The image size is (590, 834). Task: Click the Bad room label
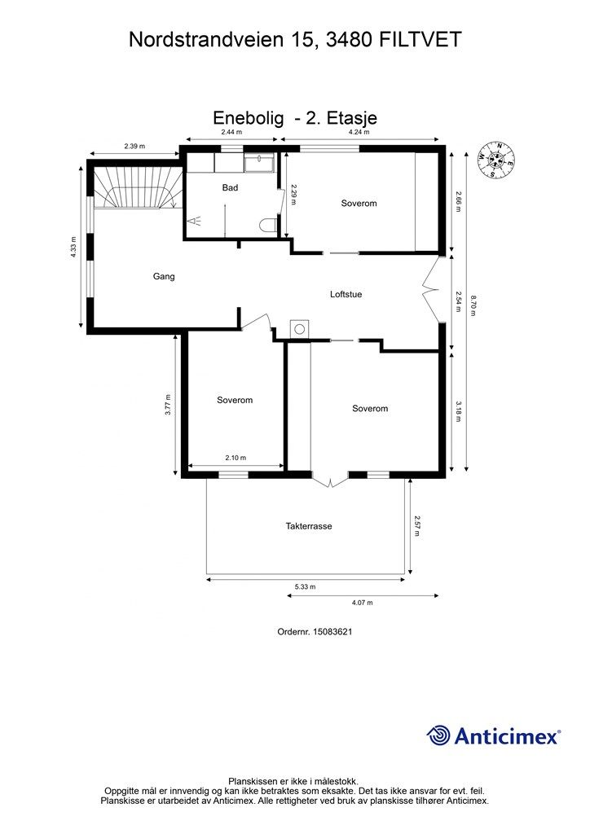click(230, 188)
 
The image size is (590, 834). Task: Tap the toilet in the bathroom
click(268, 225)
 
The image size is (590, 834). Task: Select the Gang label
click(163, 277)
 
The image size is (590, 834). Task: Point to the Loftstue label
click(346, 294)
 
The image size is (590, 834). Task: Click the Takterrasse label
click(309, 526)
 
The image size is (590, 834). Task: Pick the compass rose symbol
click(495, 160)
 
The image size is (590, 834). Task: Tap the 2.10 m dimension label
click(236, 458)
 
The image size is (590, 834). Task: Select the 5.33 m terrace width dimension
click(306, 586)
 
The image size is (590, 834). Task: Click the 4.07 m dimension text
click(363, 603)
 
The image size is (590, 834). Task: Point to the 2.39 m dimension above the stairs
click(134, 146)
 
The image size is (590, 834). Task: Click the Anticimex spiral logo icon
click(438, 735)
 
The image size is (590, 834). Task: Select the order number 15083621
click(332, 632)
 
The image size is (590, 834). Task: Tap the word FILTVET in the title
click(420, 39)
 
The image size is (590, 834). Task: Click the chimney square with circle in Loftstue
click(299, 329)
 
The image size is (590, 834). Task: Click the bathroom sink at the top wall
click(259, 163)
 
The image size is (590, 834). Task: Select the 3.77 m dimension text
click(168, 404)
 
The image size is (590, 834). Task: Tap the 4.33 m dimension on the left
click(73, 248)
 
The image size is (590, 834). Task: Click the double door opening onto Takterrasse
click(330, 480)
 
